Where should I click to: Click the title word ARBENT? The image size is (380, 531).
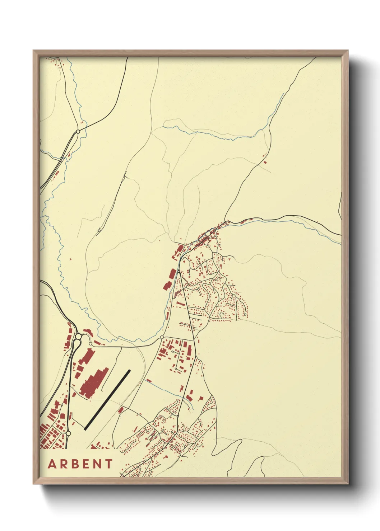[80, 464]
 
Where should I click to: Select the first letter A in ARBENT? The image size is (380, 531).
[52, 464]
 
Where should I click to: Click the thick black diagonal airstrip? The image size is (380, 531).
[107, 399]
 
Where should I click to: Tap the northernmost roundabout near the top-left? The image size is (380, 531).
[78, 132]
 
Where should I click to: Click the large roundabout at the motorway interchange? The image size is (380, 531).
[78, 337]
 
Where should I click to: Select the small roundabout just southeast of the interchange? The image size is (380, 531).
[90, 343]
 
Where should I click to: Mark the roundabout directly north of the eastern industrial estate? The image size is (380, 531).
[162, 337]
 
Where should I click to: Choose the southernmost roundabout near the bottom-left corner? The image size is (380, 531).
[68, 433]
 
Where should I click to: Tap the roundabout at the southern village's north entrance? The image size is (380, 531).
[178, 416]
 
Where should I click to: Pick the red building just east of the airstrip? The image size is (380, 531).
[121, 409]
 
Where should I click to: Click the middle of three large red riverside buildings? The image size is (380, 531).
[172, 274]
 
